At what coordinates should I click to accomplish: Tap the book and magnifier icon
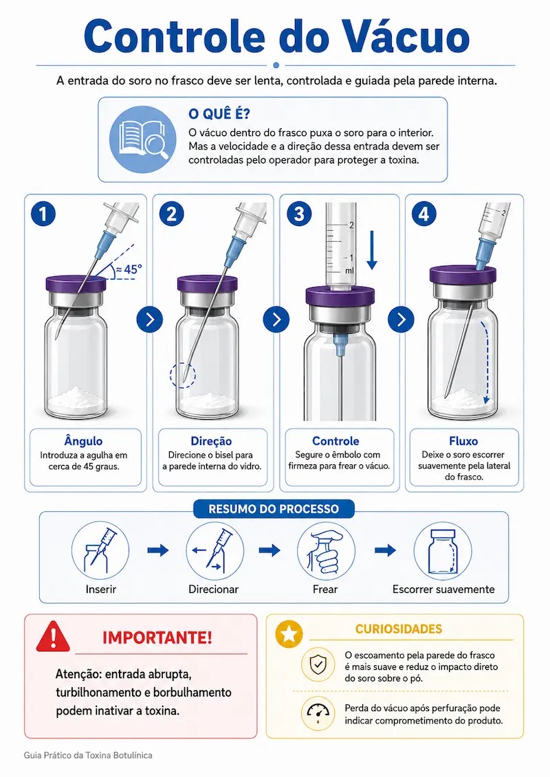(x=143, y=139)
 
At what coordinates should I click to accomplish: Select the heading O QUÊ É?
(x=219, y=114)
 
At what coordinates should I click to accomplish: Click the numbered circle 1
(x=43, y=214)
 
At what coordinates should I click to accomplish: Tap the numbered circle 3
(x=300, y=214)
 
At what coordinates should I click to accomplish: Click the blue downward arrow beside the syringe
(x=372, y=250)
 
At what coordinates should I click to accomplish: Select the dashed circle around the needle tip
(x=183, y=375)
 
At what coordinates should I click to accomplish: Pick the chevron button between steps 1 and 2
(x=150, y=319)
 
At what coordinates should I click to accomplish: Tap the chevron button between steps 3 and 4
(x=401, y=319)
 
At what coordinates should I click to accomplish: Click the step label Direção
(x=211, y=441)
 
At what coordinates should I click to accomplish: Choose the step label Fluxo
(x=463, y=441)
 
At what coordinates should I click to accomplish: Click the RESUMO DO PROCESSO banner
(x=274, y=509)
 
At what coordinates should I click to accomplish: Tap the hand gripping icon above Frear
(x=326, y=551)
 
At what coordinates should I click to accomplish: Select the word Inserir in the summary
(x=100, y=589)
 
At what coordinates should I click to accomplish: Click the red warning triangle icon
(x=53, y=636)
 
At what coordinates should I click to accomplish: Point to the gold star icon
(x=289, y=634)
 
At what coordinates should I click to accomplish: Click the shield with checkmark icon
(x=318, y=664)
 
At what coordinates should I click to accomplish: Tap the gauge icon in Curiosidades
(x=318, y=713)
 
